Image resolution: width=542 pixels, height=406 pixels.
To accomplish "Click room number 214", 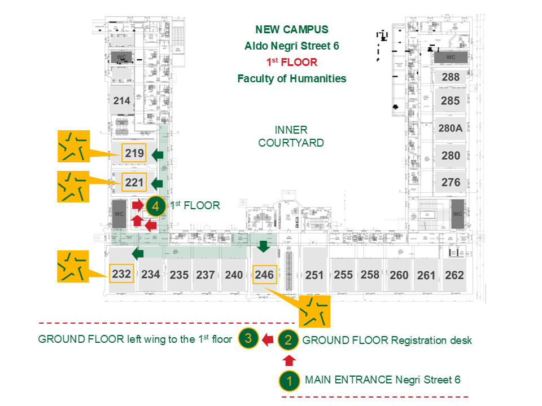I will point(121,101).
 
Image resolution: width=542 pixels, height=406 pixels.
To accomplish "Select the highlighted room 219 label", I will point(134,153).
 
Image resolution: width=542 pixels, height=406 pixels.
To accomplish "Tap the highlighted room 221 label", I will point(134,182).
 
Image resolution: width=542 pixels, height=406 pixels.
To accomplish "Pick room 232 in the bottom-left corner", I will point(121,275).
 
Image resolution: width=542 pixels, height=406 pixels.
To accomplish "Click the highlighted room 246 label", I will point(264,275).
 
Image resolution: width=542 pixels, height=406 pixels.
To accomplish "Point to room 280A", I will point(451,128).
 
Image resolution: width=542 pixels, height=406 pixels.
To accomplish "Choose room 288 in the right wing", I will point(451,77).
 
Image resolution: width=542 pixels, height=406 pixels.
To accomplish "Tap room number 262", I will point(454,275).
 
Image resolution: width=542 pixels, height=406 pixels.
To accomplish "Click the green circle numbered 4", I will point(154,206).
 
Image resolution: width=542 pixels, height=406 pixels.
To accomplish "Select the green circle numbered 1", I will point(289,381).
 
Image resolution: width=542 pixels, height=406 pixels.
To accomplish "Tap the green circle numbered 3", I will point(248,339).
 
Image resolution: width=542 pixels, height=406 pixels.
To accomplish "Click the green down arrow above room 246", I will point(263,246).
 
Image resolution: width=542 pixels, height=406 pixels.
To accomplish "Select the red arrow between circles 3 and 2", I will point(268,339).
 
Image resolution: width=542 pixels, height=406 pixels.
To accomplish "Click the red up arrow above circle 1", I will point(289,360).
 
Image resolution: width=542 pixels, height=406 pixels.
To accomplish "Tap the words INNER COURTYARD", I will point(291,136).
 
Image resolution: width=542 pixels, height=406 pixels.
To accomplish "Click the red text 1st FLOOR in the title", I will point(292,62).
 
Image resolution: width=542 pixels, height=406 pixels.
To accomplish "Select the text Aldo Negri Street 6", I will point(291,46).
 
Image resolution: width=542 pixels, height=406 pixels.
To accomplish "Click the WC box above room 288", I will point(451,58).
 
